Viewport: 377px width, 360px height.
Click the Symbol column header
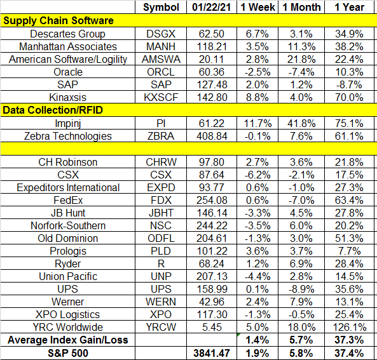point(161,7)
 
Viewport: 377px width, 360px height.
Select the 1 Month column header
point(301,7)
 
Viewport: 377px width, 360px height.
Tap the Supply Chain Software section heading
point(58,21)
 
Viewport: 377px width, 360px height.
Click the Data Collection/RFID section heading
point(53,110)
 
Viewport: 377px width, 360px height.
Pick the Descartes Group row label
point(67,34)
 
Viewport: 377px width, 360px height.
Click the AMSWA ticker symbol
point(161,59)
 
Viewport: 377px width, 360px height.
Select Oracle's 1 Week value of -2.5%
point(257,72)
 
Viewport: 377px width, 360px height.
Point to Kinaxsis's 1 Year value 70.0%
point(349,98)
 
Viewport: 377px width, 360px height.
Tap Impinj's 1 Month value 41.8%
point(301,123)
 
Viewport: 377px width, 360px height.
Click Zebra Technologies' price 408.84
point(212,136)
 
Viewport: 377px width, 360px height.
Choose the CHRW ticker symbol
point(161,162)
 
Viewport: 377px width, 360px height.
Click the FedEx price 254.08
point(212,200)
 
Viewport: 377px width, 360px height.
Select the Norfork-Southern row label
point(68,226)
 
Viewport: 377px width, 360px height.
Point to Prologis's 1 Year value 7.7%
point(349,251)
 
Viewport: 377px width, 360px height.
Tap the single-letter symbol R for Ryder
point(161,264)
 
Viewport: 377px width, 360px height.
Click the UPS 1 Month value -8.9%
point(301,289)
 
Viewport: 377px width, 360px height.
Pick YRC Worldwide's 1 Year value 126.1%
point(350,327)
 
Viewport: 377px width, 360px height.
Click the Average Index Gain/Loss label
point(68,340)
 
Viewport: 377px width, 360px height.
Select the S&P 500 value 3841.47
point(212,353)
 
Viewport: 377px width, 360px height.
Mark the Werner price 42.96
point(212,302)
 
